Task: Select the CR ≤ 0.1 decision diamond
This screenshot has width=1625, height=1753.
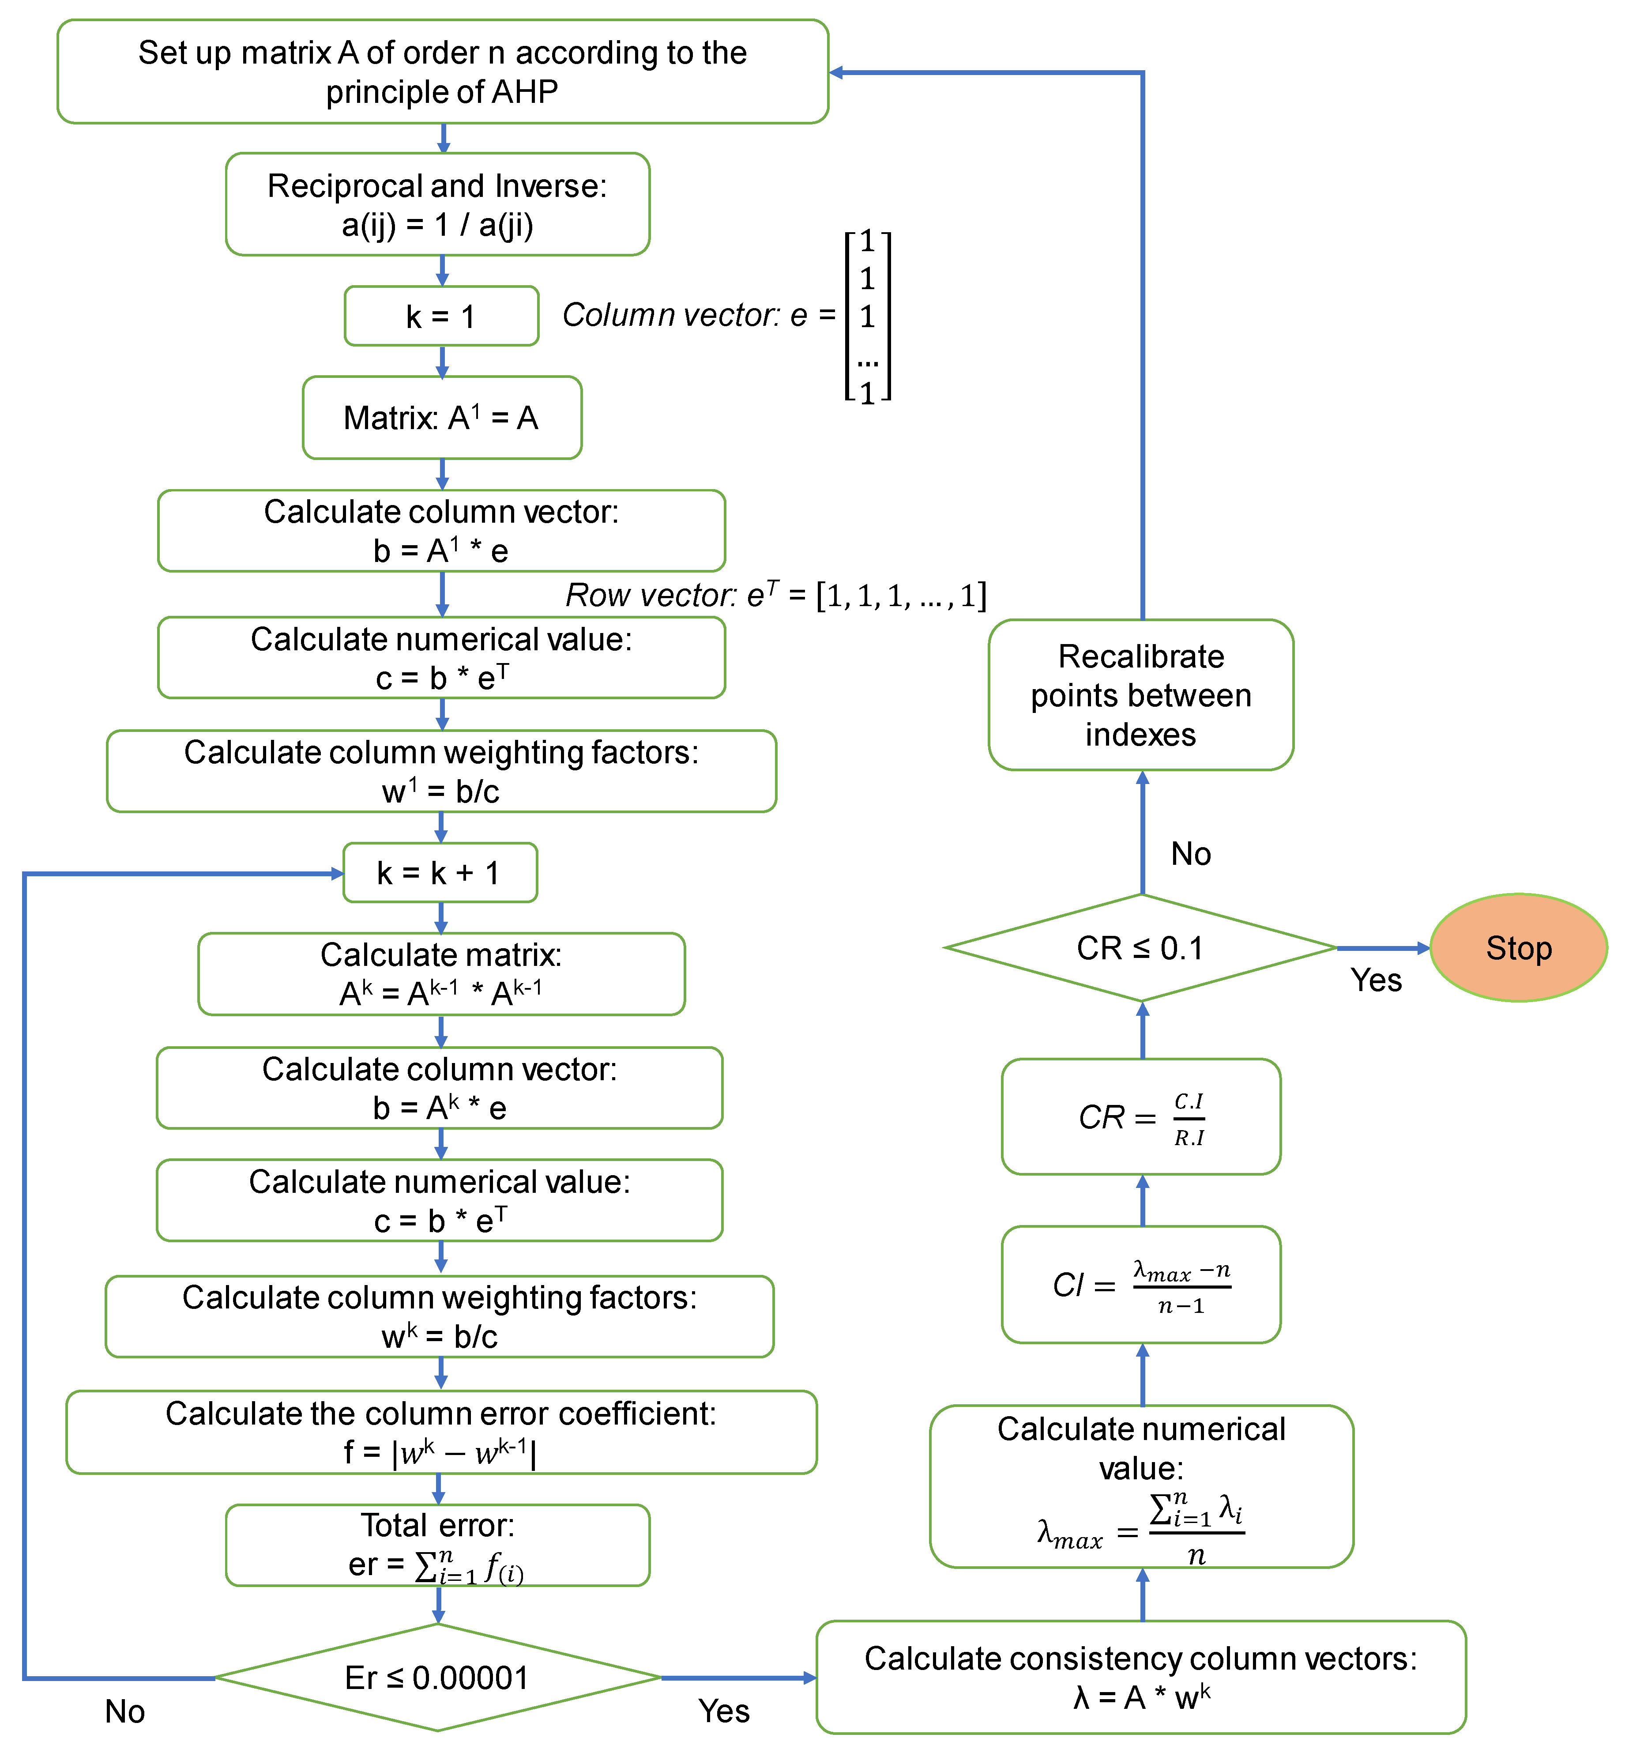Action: tap(1140, 947)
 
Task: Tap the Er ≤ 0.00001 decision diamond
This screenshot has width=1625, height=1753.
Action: tap(437, 1678)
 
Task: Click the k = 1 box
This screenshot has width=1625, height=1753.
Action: tap(441, 316)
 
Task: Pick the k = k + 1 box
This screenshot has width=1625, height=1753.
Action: tap(440, 873)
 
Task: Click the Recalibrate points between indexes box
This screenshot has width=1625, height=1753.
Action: tap(1140, 695)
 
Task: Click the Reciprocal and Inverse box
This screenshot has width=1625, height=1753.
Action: tap(437, 204)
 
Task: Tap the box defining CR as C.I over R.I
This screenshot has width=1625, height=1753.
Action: tap(1140, 1116)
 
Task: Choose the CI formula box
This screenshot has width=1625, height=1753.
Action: tap(1140, 1284)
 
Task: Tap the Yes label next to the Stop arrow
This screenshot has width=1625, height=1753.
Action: tap(1376, 980)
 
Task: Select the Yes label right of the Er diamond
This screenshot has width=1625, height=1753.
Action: tap(724, 1711)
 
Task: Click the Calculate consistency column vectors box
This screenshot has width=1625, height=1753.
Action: tap(1140, 1677)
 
